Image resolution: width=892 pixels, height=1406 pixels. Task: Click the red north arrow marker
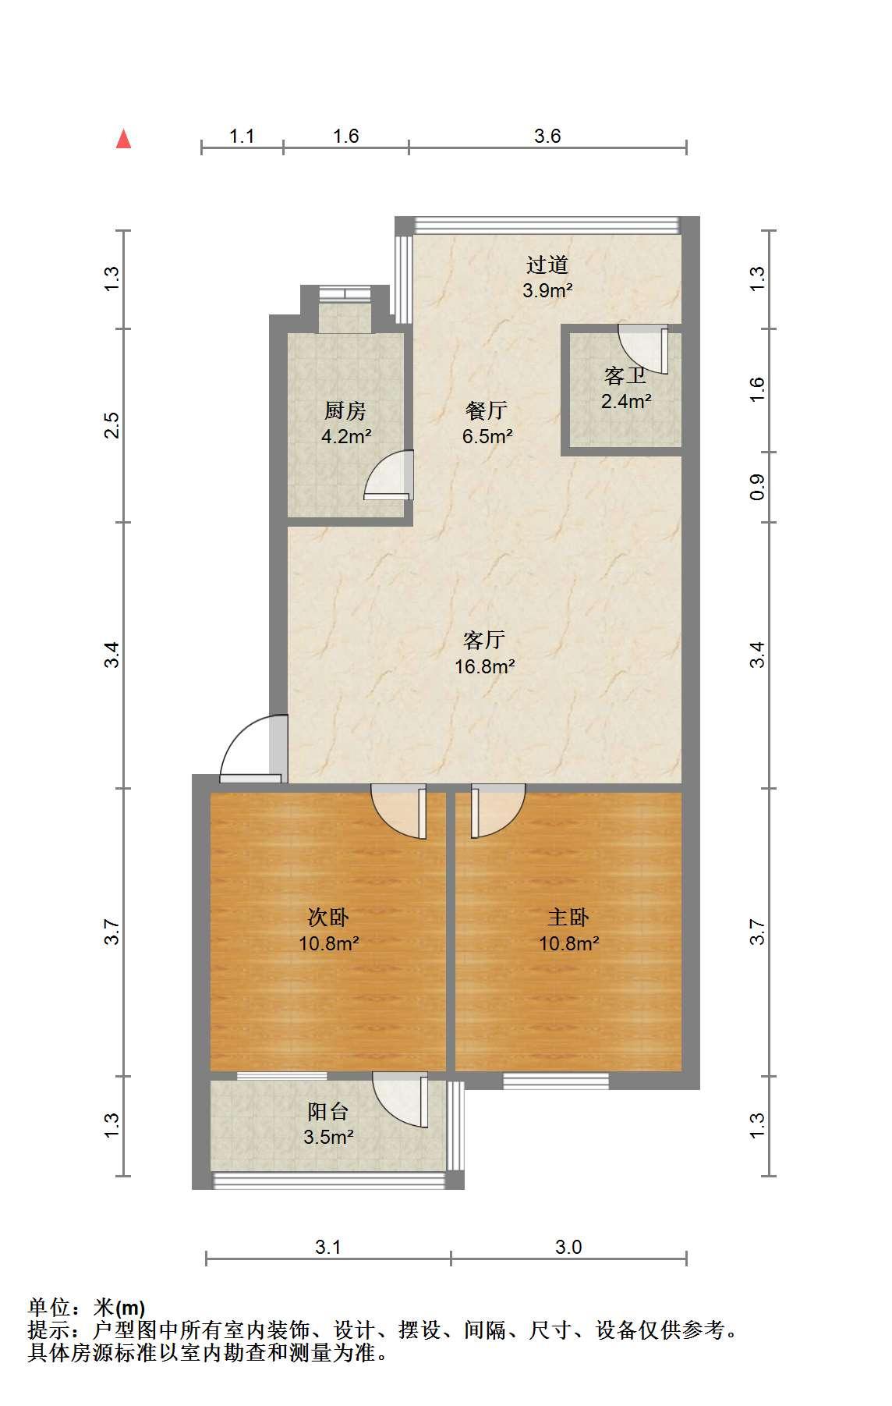[123, 139]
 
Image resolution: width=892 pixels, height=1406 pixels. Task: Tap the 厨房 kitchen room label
[345, 410]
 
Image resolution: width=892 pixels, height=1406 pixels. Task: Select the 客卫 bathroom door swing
[644, 350]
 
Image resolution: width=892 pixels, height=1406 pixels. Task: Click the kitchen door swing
[389, 474]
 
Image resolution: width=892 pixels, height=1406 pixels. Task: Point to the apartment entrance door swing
[254, 749]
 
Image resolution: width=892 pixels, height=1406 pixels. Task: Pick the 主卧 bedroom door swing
[497, 811]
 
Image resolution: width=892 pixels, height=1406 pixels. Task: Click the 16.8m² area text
[485, 666]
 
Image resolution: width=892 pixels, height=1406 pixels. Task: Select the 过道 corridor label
[547, 265]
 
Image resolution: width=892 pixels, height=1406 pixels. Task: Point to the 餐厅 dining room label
[487, 410]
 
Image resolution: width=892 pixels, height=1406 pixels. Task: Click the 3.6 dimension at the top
[547, 137]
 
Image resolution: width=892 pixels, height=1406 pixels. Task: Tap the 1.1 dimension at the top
[242, 137]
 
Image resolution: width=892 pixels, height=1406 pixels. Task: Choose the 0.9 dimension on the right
[756, 488]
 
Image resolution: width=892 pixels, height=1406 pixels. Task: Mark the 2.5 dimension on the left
[112, 425]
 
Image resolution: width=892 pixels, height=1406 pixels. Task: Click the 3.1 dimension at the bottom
[328, 1248]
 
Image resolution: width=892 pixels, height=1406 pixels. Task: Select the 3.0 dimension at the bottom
[568, 1248]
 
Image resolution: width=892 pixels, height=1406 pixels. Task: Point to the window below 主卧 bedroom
[556, 1081]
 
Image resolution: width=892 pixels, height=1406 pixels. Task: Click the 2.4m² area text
[626, 402]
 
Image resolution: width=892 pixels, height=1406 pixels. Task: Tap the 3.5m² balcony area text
[329, 1137]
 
